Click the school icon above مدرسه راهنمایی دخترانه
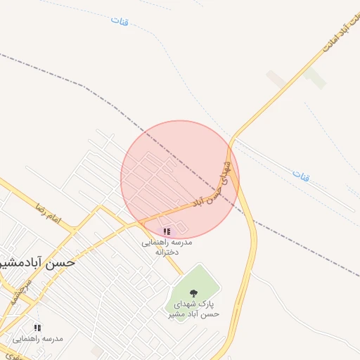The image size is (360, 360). (x=167, y=231)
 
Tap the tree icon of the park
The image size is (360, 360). (x=194, y=292)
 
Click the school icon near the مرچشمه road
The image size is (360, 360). (x=37, y=327)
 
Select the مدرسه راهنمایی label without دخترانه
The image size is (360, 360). (x=44, y=338)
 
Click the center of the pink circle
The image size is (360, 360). (x=180, y=179)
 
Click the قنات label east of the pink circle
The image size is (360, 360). (x=300, y=174)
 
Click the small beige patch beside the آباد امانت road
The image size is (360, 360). (x=276, y=78)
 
